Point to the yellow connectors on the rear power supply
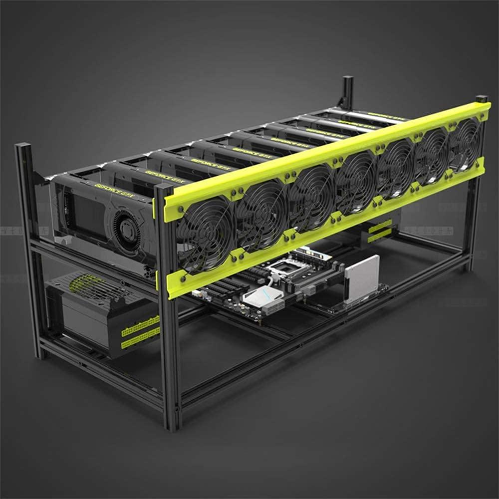pyautogui.click(x=380, y=231)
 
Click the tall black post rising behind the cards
pyautogui.click(x=347, y=92)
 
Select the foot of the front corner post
pyautogui.click(x=173, y=424)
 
